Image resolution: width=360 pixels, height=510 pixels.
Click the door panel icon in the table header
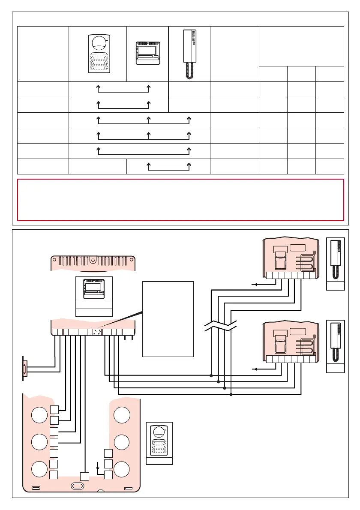pyautogui.click(x=98, y=53)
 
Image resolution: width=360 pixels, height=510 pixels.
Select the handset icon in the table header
pyautogui.click(x=189, y=54)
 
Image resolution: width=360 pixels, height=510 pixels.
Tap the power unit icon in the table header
pyautogui.click(x=148, y=53)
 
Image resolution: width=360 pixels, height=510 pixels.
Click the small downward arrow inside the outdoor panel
pyautogui.click(x=99, y=465)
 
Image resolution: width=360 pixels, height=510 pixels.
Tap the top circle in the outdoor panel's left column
pyautogui.click(x=39, y=415)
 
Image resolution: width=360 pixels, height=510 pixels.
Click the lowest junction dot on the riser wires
pyautogui.click(x=231, y=394)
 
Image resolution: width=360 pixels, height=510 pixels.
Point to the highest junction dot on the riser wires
pyautogui.click(x=211, y=375)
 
